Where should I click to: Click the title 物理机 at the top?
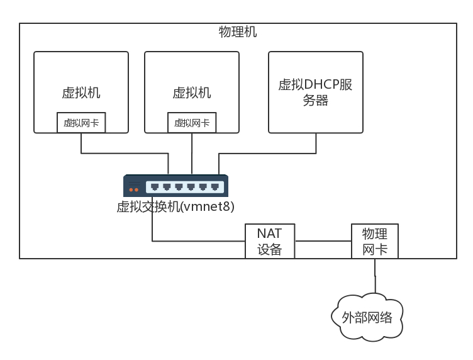point(237,32)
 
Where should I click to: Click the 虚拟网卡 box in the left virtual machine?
point(81,123)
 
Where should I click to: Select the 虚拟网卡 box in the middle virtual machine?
point(192,123)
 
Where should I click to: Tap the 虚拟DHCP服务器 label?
point(315,92)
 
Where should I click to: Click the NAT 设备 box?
point(270,241)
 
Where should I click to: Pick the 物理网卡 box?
point(375,241)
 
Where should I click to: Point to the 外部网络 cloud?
point(367,317)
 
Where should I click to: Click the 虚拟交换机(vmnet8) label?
point(175,206)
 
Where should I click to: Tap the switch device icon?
point(175,186)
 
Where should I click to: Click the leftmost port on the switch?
point(155,186)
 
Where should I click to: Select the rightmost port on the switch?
point(214,186)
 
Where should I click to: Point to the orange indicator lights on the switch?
point(133,189)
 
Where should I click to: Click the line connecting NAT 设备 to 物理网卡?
point(323,241)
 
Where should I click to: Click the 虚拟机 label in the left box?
point(81,93)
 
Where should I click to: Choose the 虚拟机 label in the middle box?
point(192,93)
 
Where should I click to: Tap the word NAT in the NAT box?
point(270,233)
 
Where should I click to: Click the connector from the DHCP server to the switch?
point(267,153)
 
